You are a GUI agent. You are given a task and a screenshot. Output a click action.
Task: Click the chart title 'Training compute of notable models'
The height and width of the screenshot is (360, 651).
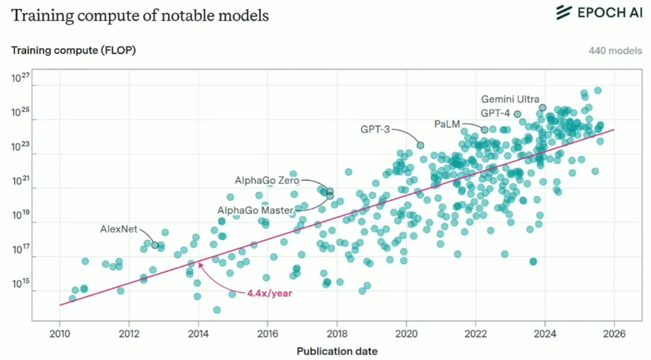click(140, 16)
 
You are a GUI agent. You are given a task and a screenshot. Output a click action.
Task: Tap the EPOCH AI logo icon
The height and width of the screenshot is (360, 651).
click(564, 13)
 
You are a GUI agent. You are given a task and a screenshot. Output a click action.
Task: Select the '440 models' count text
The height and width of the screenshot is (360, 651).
click(615, 51)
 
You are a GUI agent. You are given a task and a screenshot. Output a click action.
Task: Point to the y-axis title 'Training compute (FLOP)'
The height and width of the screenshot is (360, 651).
click(74, 50)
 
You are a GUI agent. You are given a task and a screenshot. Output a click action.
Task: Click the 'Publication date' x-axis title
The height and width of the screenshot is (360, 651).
click(337, 352)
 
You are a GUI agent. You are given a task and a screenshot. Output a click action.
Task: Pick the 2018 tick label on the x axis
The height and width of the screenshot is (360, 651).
click(337, 334)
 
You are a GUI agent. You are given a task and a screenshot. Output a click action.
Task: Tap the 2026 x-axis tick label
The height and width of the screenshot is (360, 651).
click(614, 334)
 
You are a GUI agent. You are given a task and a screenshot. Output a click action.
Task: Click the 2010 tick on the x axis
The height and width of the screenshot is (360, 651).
click(60, 334)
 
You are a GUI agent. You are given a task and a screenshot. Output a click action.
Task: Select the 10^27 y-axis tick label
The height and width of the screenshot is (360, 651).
click(20, 78)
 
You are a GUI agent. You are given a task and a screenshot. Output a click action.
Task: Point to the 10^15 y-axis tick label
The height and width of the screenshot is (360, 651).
click(20, 283)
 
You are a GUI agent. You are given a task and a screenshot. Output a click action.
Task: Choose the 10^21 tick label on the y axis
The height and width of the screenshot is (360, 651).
click(20, 181)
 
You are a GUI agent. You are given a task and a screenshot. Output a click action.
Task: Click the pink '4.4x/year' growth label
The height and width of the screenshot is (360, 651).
click(269, 293)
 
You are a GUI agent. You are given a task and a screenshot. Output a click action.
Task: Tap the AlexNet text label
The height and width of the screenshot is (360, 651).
click(119, 229)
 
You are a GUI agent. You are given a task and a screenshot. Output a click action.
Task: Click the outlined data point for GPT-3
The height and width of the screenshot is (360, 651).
click(421, 145)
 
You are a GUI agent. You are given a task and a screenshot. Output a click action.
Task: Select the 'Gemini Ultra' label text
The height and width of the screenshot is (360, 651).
click(511, 99)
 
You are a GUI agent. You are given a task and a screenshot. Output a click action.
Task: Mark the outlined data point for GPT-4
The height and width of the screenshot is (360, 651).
click(517, 114)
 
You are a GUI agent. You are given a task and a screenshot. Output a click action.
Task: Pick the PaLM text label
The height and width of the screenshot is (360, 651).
click(447, 124)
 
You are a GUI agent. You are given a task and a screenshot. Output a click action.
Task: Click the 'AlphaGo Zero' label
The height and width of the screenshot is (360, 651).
click(267, 181)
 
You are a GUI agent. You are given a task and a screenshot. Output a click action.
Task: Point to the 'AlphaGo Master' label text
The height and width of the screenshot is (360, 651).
click(256, 210)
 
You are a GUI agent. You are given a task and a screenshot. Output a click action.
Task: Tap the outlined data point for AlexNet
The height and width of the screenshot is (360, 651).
click(155, 245)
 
